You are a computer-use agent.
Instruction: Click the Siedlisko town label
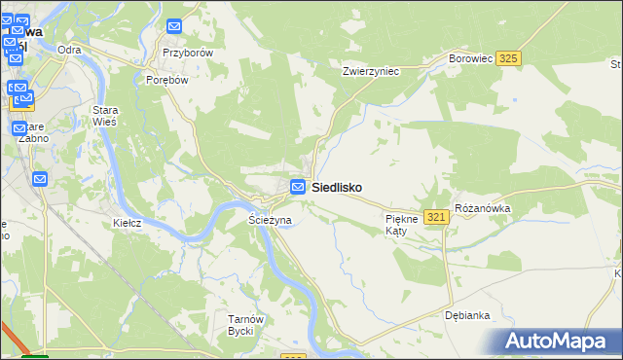(x=337, y=188)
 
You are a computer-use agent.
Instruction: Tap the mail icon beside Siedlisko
(x=300, y=187)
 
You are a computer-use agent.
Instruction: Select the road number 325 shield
(x=507, y=59)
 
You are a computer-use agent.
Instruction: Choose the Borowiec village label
(x=469, y=59)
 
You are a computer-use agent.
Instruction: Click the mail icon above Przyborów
(x=174, y=28)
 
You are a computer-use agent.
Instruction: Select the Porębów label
(x=165, y=81)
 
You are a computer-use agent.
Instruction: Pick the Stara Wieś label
(x=104, y=116)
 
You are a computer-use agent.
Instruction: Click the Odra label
(x=69, y=50)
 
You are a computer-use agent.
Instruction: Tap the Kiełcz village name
(x=128, y=223)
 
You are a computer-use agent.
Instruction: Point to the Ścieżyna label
(x=271, y=221)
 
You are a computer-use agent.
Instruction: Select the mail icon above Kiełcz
(x=40, y=179)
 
